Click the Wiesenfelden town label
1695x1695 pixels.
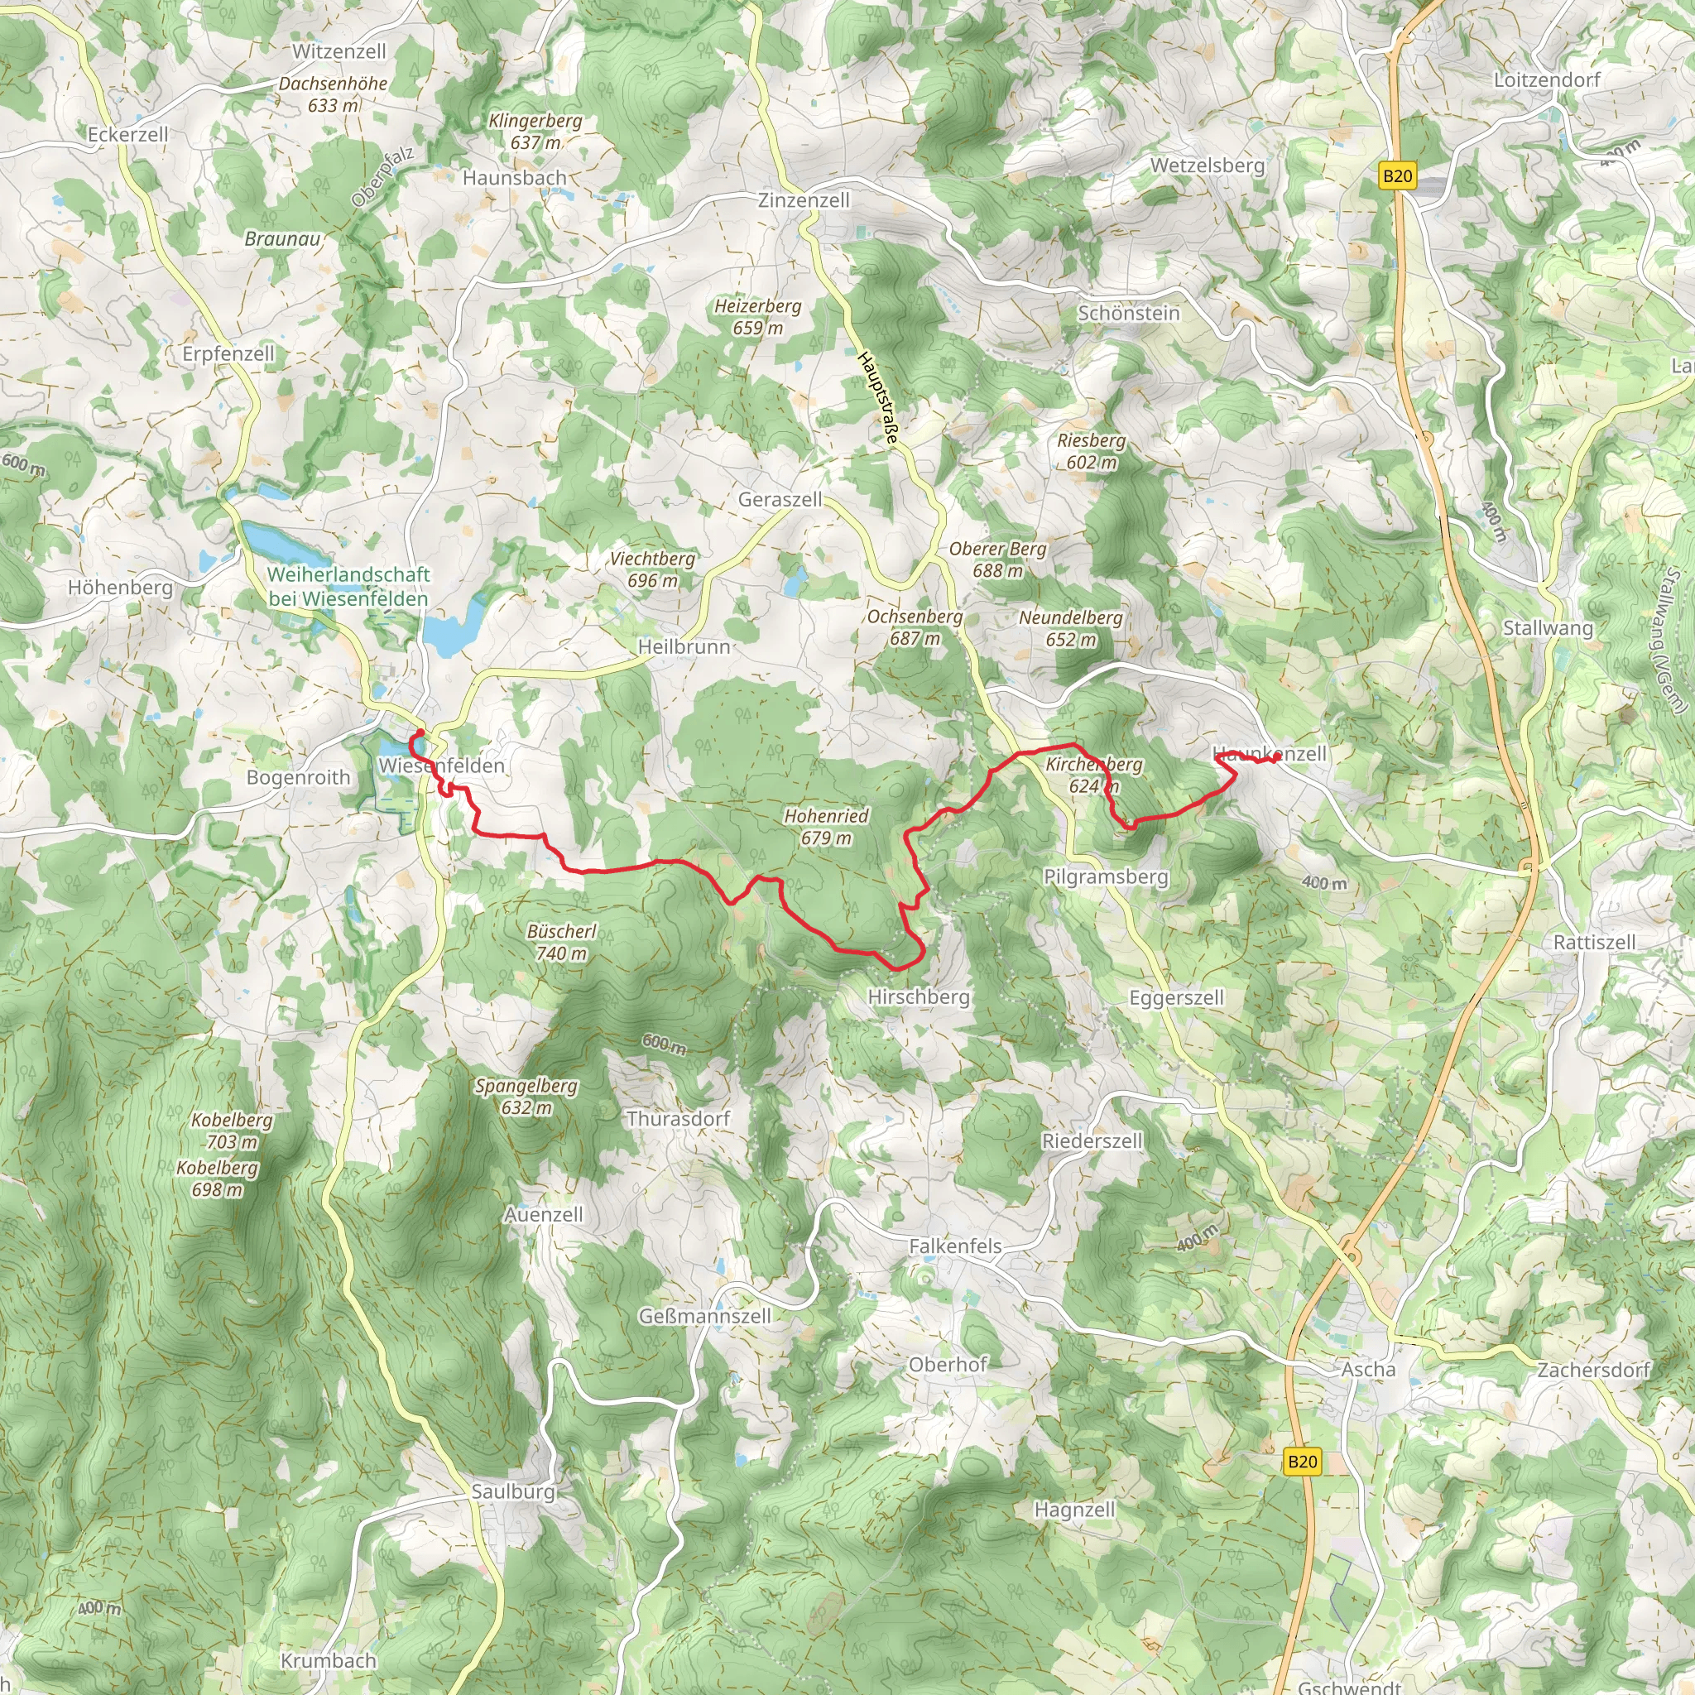(x=441, y=765)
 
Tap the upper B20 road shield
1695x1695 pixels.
(x=1397, y=175)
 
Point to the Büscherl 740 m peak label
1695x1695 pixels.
(x=561, y=941)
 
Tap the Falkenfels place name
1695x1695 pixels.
(x=954, y=1246)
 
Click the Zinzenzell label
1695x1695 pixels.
(x=804, y=200)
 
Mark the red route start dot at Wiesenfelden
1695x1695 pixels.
(x=420, y=732)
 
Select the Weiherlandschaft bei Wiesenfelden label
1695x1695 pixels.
(x=348, y=586)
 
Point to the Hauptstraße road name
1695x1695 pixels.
(x=878, y=396)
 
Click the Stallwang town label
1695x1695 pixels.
(x=1548, y=627)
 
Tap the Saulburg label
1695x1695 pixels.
(x=513, y=1491)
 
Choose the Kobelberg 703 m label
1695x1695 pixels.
(x=233, y=1130)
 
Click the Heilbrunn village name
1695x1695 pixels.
(x=684, y=646)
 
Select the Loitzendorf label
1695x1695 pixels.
(x=1547, y=79)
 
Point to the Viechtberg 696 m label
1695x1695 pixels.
(x=652, y=569)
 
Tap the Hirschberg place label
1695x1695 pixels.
(x=918, y=996)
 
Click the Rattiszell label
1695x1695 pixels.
(x=1594, y=942)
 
